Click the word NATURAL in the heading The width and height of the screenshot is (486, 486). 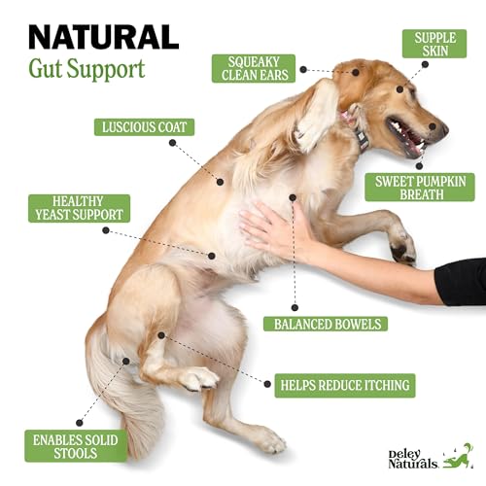pyautogui.click(x=103, y=37)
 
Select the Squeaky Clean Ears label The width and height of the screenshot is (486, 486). pyautogui.click(x=254, y=67)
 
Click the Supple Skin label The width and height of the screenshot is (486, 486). pyautogui.click(x=434, y=42)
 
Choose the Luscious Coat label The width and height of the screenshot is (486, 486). pyautogui.click(x=145, y=126)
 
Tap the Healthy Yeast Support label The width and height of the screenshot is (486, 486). pyautogui.click(x=79, y=208)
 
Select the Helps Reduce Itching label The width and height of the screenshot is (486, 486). pyautogui.click(x=342, y=385)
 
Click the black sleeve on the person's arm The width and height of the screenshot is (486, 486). pyautogui.click(x=461, y=282)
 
